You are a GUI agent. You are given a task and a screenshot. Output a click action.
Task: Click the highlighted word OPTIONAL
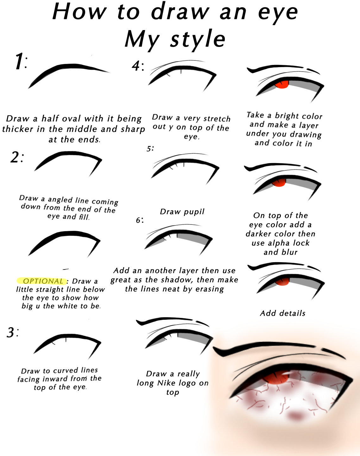[43, 281]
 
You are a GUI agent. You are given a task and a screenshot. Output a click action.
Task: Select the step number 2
[16, 157]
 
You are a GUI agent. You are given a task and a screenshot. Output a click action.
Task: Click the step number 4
[136, 66]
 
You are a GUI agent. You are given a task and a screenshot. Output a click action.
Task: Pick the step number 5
[149, 149]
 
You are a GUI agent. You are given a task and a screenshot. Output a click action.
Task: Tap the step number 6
[139, 220]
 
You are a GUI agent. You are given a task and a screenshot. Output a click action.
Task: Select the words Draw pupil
[182, 212]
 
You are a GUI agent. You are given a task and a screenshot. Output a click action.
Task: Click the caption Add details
[282, 313]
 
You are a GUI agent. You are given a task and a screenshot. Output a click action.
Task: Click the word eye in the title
[278, 13]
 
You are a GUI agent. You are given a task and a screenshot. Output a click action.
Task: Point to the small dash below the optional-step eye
[66, 269]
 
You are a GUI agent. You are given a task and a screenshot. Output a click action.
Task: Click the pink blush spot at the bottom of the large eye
[295, 416]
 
